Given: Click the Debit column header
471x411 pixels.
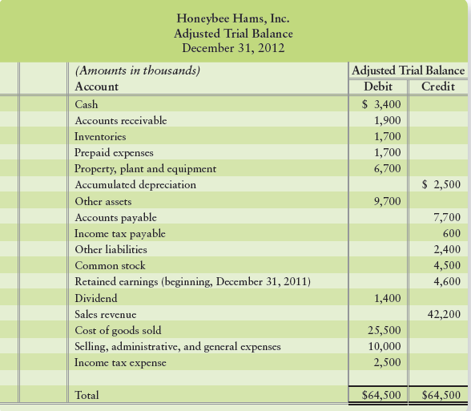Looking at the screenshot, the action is click(x=379, y=87).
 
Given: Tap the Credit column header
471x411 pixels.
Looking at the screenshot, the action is click(x=437, y=87).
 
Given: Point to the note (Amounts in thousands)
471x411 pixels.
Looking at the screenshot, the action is click(x=136, y=71).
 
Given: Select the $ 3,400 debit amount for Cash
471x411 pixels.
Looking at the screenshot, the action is click(x=381, y=104).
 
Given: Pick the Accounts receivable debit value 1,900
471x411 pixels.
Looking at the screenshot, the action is click(x=388, y=120).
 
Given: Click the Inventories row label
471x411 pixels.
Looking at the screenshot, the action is click(x=99, y=137).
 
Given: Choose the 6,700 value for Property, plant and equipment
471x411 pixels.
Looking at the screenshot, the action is click(x=388, y=168).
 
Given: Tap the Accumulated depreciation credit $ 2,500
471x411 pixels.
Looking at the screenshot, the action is click(x=440, y=184).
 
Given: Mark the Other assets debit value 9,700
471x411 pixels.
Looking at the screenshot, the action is click(x=388, y=201).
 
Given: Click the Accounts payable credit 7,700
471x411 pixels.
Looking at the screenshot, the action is click(x=445, y=217).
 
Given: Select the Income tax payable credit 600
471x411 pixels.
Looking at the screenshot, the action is click(x=451, y=233).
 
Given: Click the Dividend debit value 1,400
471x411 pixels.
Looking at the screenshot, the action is click(x=388, y=298).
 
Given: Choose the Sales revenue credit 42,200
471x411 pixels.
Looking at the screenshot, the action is click(x=443, y=314).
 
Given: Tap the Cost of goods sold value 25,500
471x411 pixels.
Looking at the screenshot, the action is click(x=384, y=330).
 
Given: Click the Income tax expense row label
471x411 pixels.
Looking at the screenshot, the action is click(x=120, y=363).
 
